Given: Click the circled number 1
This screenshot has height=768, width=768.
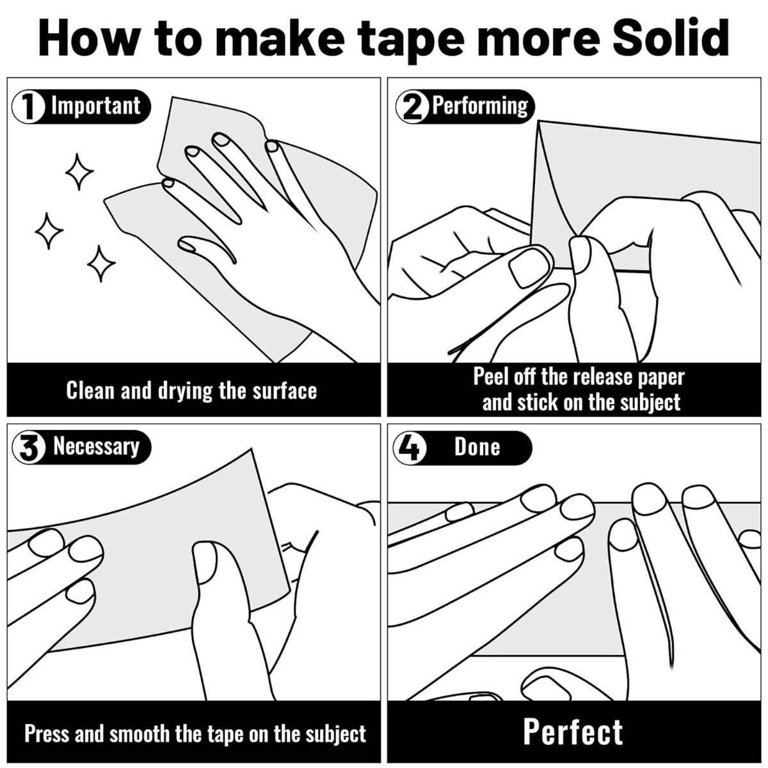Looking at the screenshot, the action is coord(28,107).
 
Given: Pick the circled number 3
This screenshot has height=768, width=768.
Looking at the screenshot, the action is coord(28,447).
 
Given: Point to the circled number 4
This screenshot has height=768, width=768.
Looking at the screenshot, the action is coord(410,447).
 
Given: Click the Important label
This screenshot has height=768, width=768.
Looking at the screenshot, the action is coord(95,106).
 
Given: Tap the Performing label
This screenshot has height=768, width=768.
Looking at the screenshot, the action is coord(480,107).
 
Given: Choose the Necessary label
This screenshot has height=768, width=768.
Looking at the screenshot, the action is coord(97,447).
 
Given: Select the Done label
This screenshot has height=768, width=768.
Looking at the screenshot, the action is coord(477,447).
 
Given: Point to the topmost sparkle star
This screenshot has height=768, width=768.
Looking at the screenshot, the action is coord(79,172).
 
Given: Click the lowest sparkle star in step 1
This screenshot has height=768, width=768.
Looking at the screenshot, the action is coord(101,264).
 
